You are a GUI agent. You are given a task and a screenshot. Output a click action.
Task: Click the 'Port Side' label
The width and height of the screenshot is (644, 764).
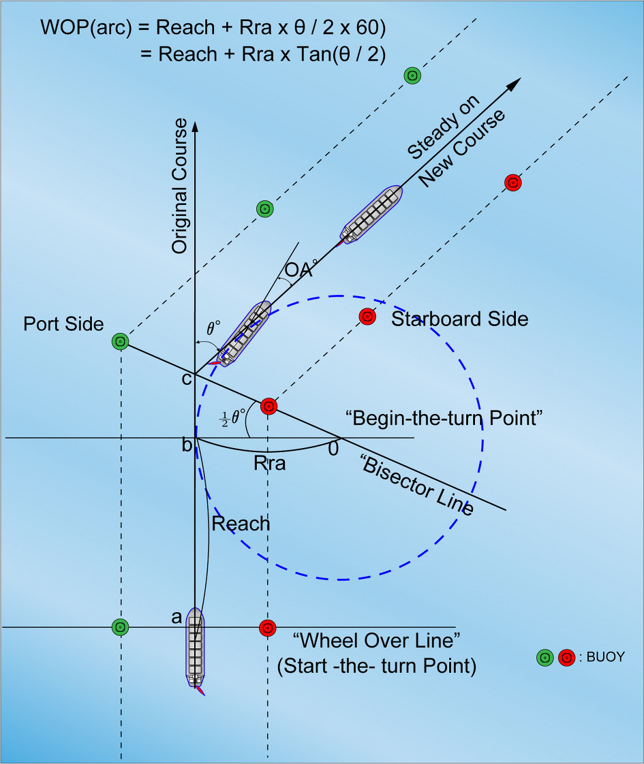tap(63, 323)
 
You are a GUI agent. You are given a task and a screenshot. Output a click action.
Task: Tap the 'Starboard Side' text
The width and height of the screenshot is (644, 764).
tap(459, 319)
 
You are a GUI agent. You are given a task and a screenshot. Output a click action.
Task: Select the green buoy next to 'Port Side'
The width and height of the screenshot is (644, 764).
tap(120, 340)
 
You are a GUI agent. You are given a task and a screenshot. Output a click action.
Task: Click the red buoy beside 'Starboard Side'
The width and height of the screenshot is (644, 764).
tap(367, 317)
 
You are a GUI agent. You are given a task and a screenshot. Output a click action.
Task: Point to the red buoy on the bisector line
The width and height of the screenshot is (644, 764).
tap(269, 407)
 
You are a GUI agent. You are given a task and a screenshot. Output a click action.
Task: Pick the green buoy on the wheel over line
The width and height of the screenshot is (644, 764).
tap(120, 626)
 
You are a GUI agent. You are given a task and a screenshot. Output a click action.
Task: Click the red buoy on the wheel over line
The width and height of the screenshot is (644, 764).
tap(268, 627)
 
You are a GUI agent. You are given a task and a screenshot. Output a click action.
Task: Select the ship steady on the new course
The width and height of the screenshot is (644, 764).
tap(372, 214)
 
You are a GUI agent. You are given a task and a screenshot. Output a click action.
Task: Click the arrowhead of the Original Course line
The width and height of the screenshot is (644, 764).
tap(196, 125)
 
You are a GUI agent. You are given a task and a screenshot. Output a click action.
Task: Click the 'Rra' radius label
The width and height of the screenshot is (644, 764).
tap(269, 464)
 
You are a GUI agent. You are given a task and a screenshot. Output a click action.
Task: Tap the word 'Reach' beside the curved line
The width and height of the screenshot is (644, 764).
tap(241, 524)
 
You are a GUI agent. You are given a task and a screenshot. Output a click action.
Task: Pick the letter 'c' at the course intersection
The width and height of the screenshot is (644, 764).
tap(186, 379)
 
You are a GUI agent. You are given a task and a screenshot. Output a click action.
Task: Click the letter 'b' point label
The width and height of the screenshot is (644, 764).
tap(186, 446)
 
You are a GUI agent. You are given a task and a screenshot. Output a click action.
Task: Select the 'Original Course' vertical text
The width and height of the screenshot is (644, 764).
tap(179, 186)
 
